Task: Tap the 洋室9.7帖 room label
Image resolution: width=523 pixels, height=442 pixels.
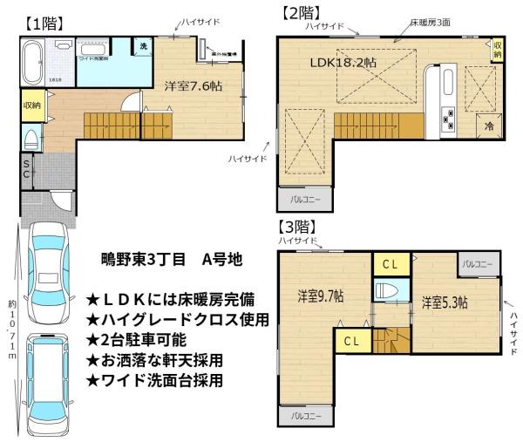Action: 319,296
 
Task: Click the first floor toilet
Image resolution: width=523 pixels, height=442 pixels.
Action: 31,139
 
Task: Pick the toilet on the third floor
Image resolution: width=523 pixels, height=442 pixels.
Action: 384,290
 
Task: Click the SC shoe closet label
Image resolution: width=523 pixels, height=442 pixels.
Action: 26,170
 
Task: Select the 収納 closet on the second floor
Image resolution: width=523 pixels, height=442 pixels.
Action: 498,49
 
